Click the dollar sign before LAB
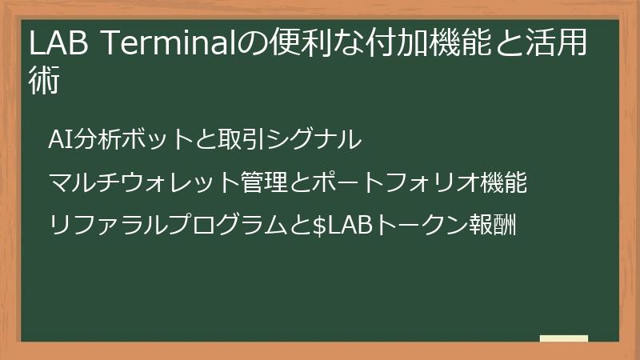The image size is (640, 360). pyautogui.click(x=318, y=226)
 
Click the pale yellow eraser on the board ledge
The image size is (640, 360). pyautogui.click(x=564, y=338)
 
